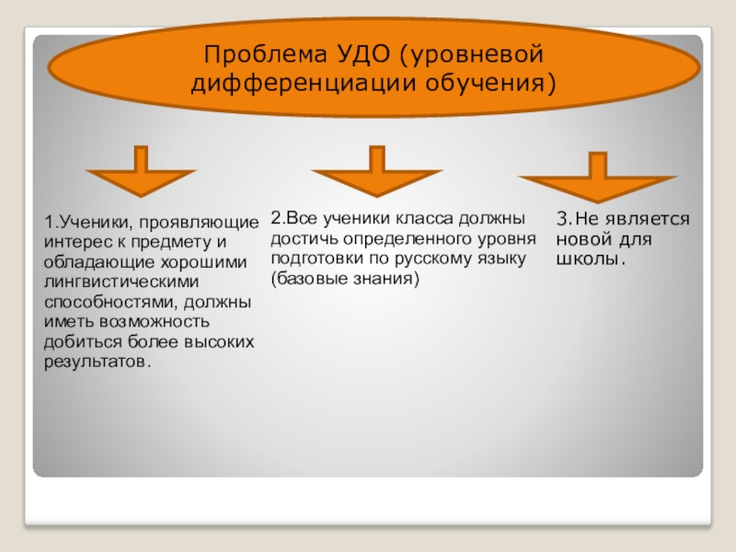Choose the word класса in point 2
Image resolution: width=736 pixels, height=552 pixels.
426,219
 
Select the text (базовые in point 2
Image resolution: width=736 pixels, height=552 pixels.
307,278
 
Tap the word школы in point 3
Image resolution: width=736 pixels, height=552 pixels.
587,259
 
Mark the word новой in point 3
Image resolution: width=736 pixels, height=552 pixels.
579,239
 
